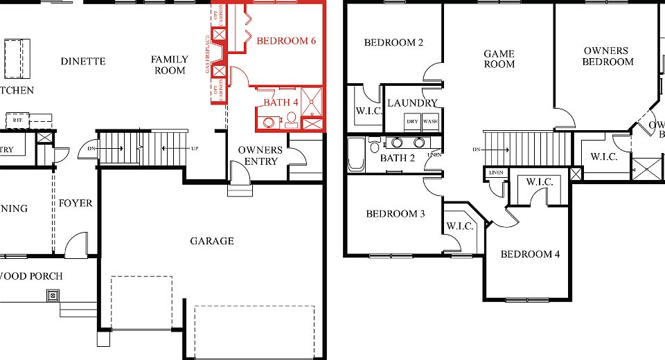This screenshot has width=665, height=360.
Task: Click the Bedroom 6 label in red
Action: pos(286,41)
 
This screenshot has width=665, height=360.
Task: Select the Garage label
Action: pos(212,241)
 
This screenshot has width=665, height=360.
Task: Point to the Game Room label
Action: pos(499,59)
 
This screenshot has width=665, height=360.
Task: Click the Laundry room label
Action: pos(413,103)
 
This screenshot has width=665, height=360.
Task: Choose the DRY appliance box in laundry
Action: pos(412,121)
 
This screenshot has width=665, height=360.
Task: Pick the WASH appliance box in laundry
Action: pos(430,121)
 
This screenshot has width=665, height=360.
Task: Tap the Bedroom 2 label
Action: pos(393,43)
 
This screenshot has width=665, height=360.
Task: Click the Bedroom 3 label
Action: pos(396,213)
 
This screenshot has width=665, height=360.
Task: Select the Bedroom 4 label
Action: pos(530,254)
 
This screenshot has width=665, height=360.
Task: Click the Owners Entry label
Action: pos(260,156)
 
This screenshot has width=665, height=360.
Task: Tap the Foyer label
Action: pos(76,204)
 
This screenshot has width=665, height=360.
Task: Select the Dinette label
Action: pos(83,61)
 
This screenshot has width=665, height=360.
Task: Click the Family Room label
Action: pos(169,65)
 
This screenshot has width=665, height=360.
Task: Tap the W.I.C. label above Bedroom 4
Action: pos(539,182)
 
